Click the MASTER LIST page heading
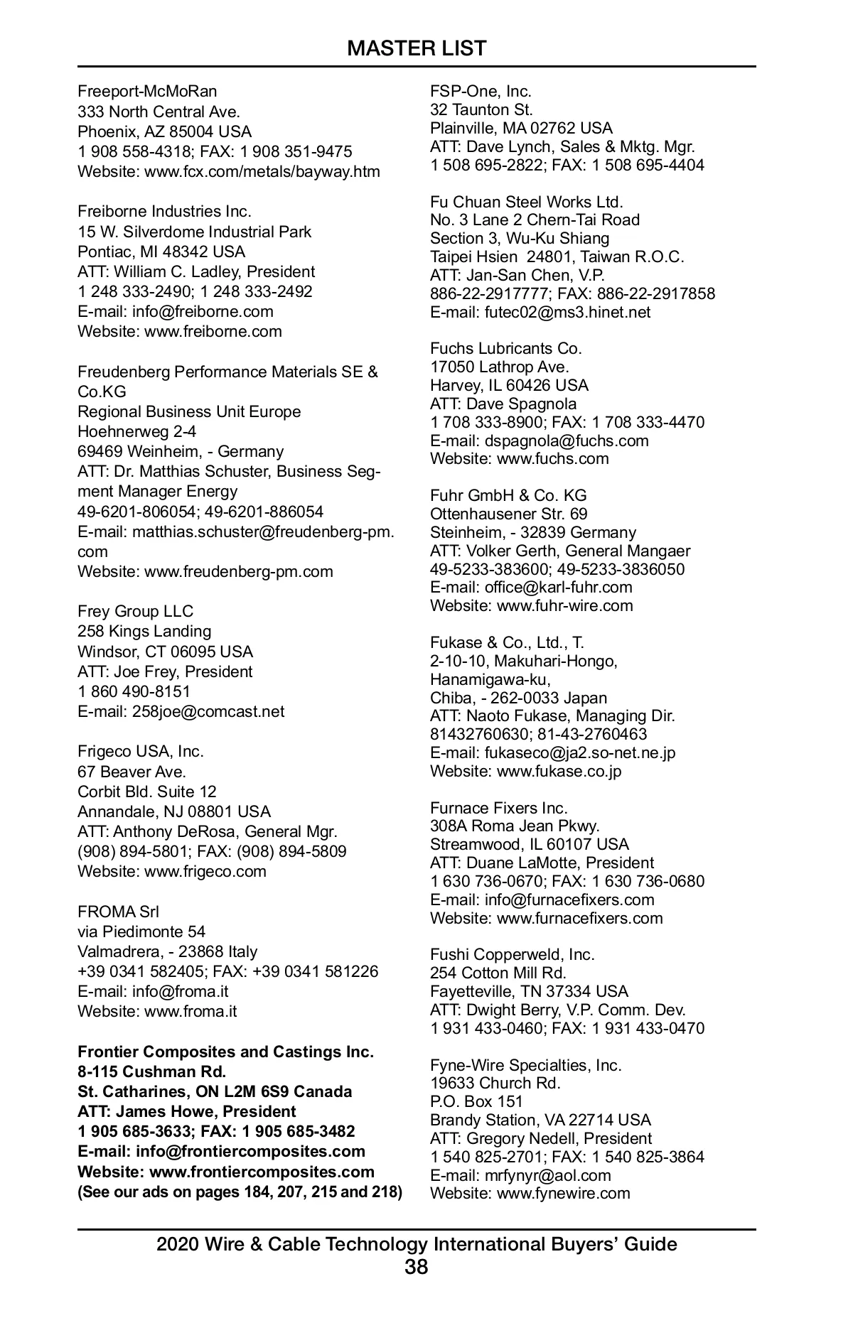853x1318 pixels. pos(417,48)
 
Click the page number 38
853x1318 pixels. pos(417,1267)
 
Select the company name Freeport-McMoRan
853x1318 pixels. pos(147,92)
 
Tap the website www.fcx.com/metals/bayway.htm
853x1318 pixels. pos(262,172)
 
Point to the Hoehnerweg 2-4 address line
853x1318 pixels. pos(136,432)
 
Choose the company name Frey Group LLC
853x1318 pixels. pos(135,612)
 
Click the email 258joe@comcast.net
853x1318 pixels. pos(208,712)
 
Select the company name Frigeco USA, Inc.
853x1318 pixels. pos(141,752)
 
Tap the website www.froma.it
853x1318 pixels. pos(191,1012)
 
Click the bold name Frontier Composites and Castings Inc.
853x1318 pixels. pos(225,1052)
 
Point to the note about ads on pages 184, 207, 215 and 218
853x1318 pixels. pos(240,1192)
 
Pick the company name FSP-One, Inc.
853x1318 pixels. pos(481,92)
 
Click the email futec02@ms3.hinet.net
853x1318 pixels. pos(567,313)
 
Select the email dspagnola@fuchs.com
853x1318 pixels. pos(567,441)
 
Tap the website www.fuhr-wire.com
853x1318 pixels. pos(564,606)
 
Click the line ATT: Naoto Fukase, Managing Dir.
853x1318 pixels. pos(552,716)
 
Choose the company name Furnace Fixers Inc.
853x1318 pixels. pos(499,809)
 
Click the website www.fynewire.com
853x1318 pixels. pos(563,1194)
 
